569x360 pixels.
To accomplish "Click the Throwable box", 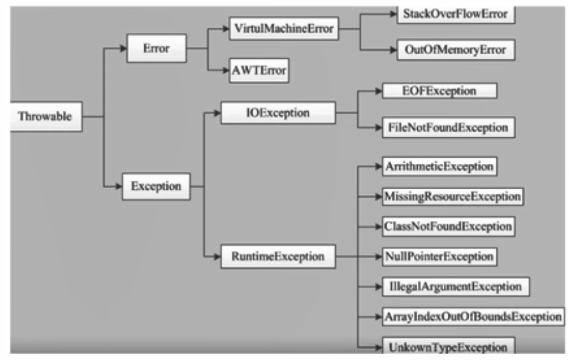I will (45, 117).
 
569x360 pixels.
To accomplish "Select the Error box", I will (156, 48).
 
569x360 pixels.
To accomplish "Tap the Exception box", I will (156, 186).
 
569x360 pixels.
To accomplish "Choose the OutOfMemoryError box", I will (455, 50).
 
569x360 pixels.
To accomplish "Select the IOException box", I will (278, 112).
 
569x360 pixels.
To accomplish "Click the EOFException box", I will (439, 91).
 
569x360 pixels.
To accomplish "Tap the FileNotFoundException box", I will (448, 127).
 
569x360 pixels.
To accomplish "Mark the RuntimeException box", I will (278, 256).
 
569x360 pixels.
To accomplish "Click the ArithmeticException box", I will (439, 167).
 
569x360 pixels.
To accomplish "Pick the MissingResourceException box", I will (452, 196).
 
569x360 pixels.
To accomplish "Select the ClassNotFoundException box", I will (448, 226).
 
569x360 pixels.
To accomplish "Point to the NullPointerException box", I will (439, 256).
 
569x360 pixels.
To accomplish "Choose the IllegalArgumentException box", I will (455, 286).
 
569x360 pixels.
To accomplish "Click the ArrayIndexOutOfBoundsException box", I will (472, 316).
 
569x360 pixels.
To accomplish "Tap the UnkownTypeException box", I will (448, 347).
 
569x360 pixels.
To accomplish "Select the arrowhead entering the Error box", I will (123, 48).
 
